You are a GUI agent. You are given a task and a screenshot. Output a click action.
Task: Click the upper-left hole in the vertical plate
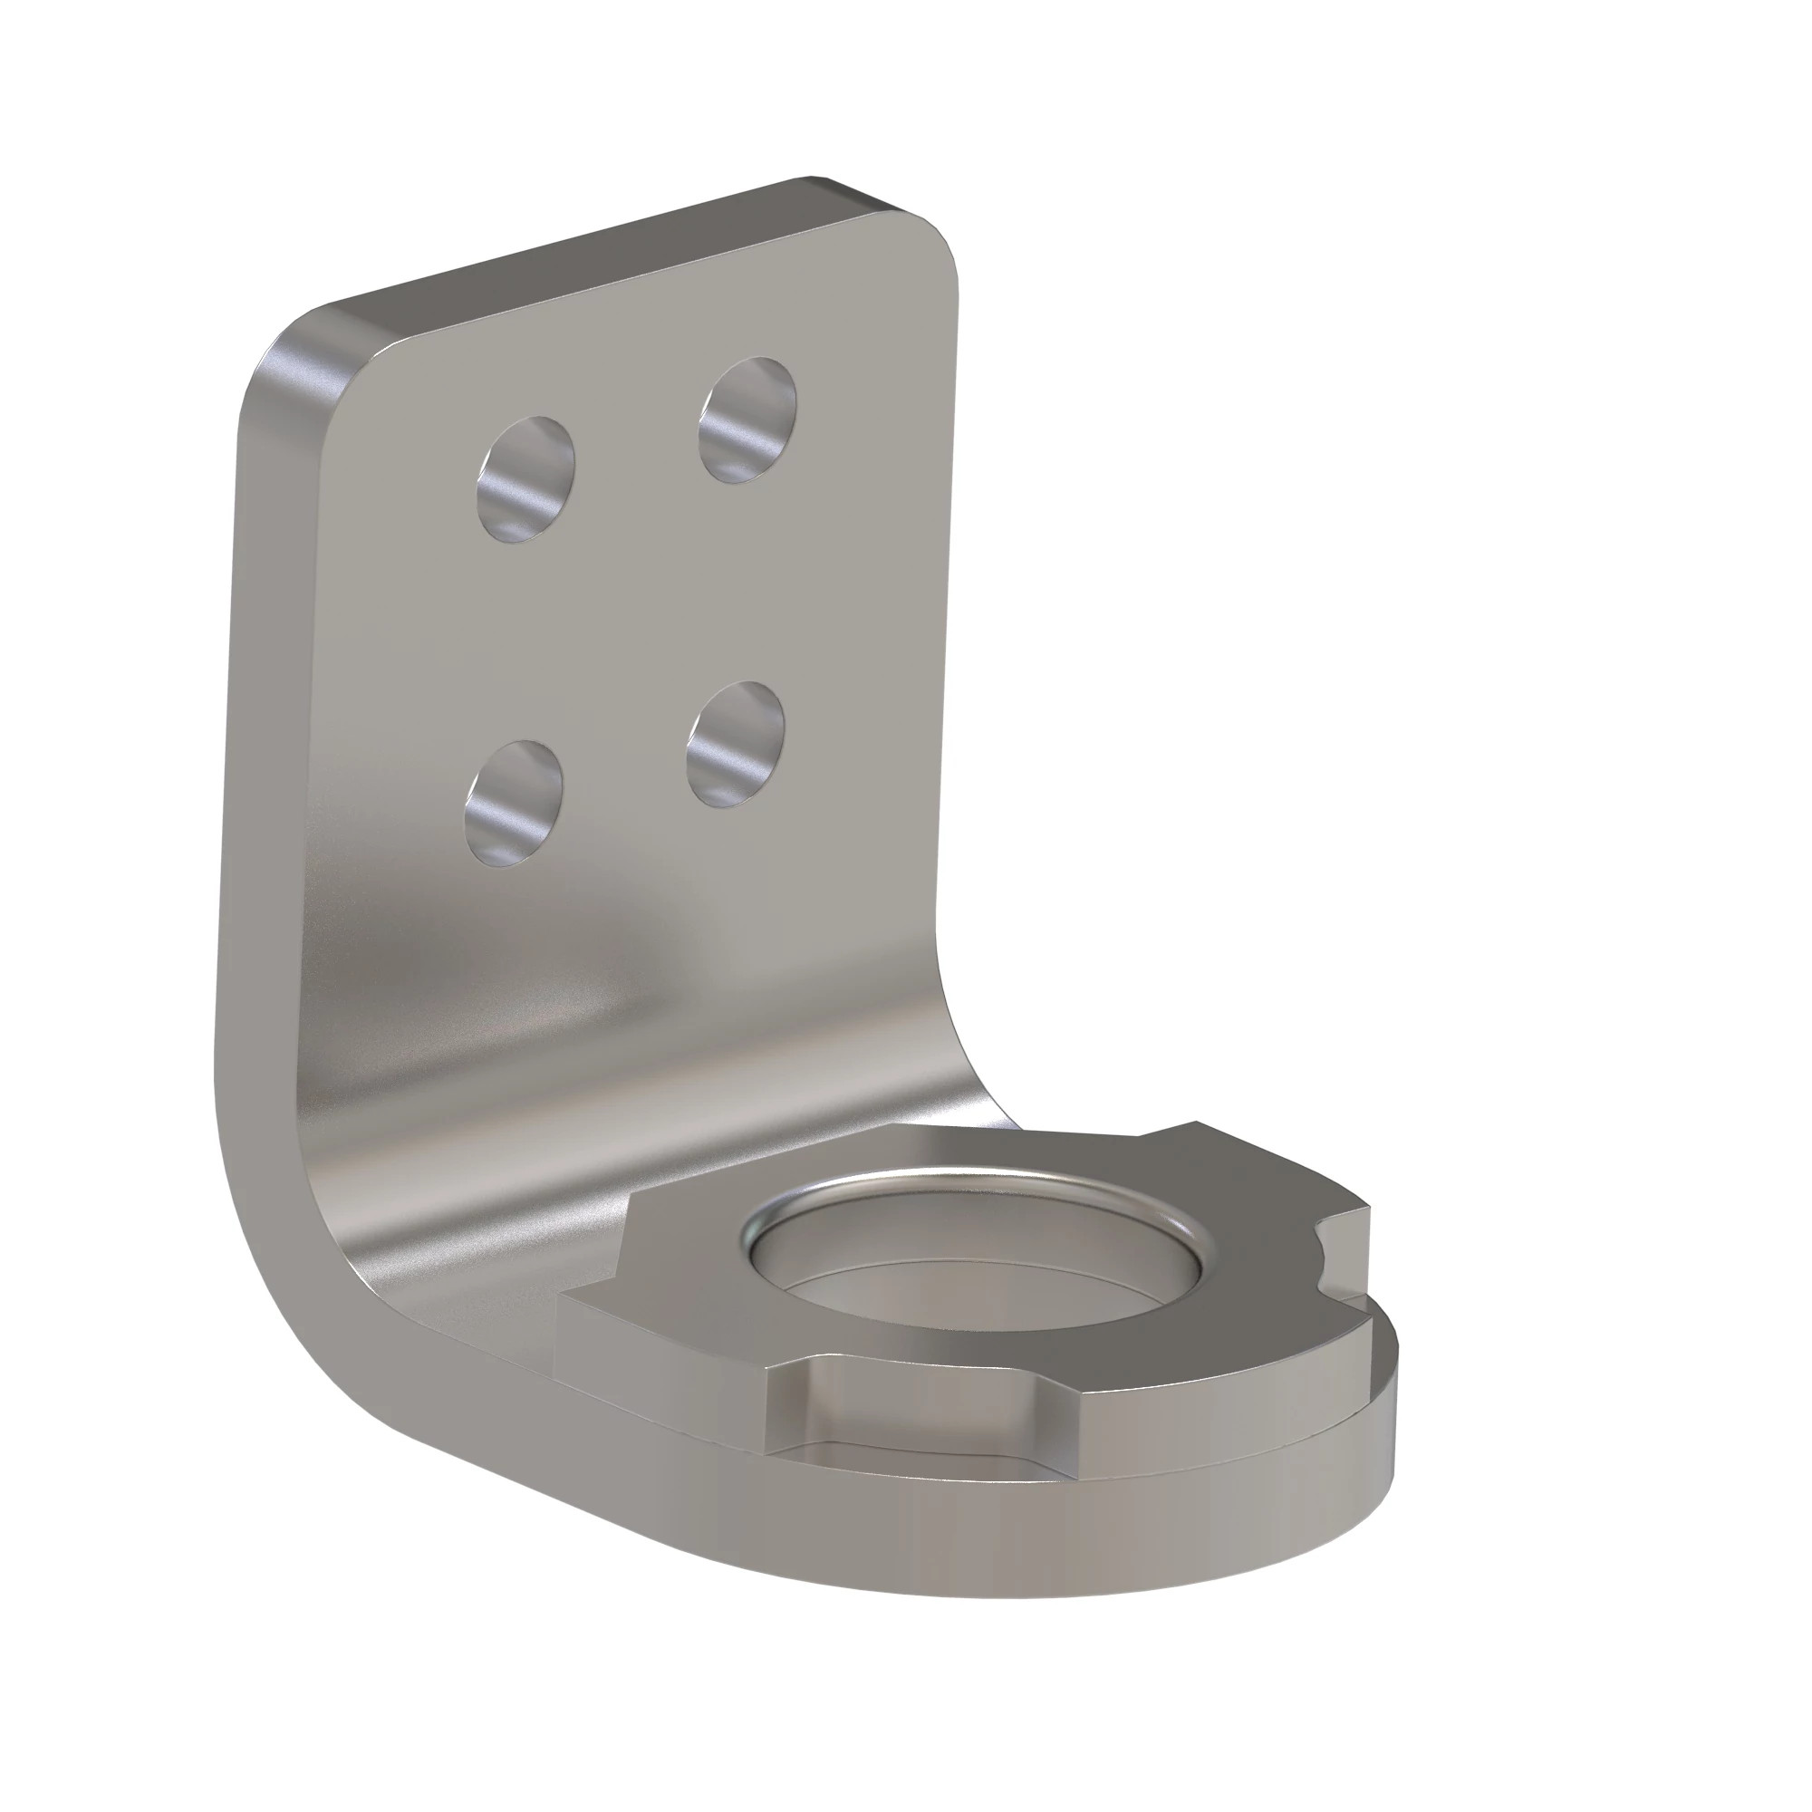pos(525,478)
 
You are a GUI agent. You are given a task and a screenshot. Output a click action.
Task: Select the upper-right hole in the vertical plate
pos(748,419)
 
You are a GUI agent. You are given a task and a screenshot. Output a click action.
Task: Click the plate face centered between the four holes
pos(629,610)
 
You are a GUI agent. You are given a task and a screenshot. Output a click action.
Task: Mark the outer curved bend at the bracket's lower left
pos(282,1313)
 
